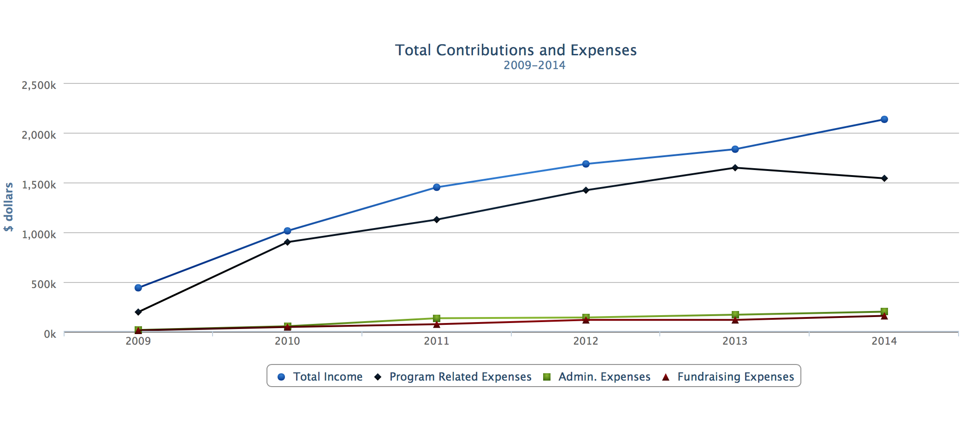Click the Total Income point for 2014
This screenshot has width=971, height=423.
coord(884,120)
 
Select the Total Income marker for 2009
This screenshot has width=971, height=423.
coord(138,288)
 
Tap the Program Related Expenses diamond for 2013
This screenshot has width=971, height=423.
coord(735,168)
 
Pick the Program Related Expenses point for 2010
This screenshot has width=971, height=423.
coord(287,242)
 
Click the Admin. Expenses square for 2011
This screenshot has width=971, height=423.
coord(437,318)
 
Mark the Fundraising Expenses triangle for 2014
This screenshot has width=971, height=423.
coord(884,316)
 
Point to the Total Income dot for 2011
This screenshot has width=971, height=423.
coord(437,188)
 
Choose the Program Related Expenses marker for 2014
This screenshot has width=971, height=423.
coord(884,178)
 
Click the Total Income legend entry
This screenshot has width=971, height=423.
coord(320,376)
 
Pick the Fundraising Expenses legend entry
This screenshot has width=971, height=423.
coord(728,376)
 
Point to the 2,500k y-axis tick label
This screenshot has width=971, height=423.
coord(39,85)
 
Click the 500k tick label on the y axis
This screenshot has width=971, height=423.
coord(44,284)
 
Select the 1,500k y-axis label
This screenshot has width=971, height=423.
coord(39,185)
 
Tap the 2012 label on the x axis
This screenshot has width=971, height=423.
coord(586,341)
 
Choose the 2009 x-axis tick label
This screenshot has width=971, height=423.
coord(138,341)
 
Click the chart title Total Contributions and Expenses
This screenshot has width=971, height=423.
coord(516,50)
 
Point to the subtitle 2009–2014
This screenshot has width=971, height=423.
coord(534,65)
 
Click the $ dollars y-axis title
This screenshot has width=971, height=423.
coord(9,207)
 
